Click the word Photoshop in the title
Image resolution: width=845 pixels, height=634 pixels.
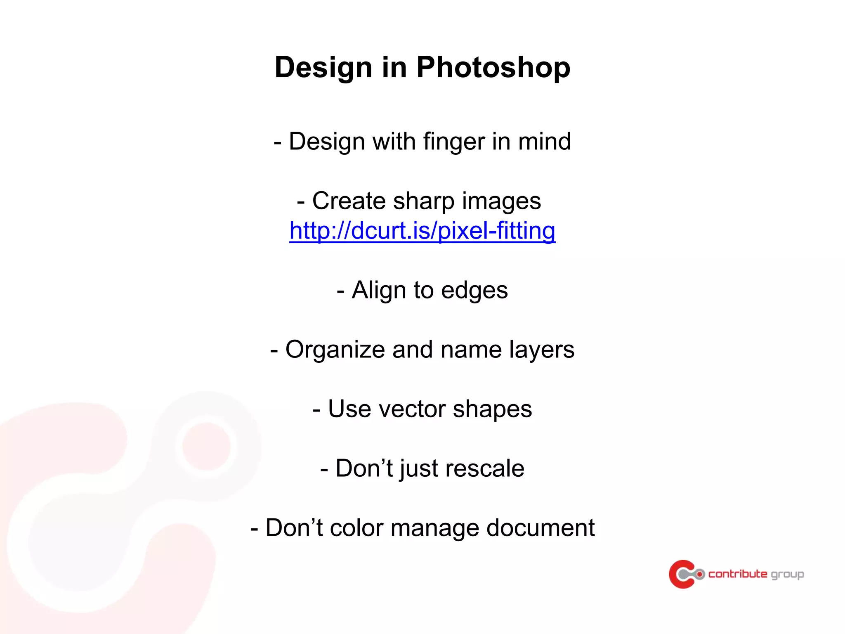(x=493, y=67)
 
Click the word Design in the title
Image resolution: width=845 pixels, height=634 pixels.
(x=323, y=67)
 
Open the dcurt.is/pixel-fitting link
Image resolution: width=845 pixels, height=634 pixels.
(x=422, y=231)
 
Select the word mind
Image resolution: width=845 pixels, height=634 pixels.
(x=544, y=142)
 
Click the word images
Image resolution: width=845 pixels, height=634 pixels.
(x=501, y=201)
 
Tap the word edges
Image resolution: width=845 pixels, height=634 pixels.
(x=474, y=290)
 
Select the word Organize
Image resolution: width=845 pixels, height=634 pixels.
(x=335, y=350)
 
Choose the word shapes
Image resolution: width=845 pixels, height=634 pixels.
(x=492, y=409)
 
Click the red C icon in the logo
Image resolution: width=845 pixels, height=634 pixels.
(x=681, y=574)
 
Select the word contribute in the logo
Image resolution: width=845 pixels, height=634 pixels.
(x=738, y=574)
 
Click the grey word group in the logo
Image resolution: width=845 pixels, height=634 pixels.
(x=787, y=575)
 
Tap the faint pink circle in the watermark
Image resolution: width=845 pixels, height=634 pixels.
(x=206, y=446)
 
